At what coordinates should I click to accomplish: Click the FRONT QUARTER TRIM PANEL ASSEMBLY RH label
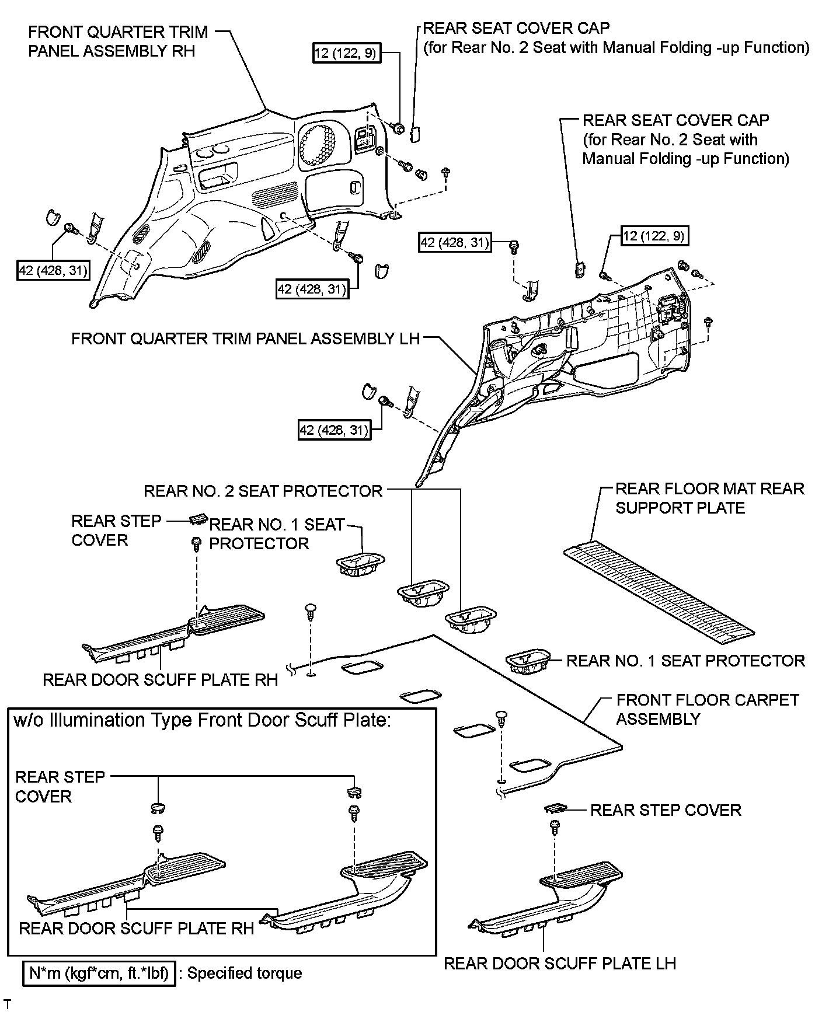[x=117, y=41]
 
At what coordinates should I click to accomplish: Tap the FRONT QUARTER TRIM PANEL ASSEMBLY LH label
[x=245, y=339]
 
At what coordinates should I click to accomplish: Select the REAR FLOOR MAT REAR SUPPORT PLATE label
[x=709, y=498]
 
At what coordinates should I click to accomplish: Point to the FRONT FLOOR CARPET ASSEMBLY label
[x=707, y=709]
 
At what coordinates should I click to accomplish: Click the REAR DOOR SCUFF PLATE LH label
[x=560, y=963]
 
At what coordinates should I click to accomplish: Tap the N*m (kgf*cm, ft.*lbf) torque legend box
[x=99, y=973]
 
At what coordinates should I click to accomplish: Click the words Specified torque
[x=245, y=973]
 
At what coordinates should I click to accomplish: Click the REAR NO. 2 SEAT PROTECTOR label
[x=263, y=491]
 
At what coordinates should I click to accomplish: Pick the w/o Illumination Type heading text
[x=201, y=720]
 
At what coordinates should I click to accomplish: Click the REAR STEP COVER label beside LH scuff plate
[x=666, y=810]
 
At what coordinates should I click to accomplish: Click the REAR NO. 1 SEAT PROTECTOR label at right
[x=685, y=661]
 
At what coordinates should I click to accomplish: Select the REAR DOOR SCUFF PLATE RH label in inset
[x=137, y=929]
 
